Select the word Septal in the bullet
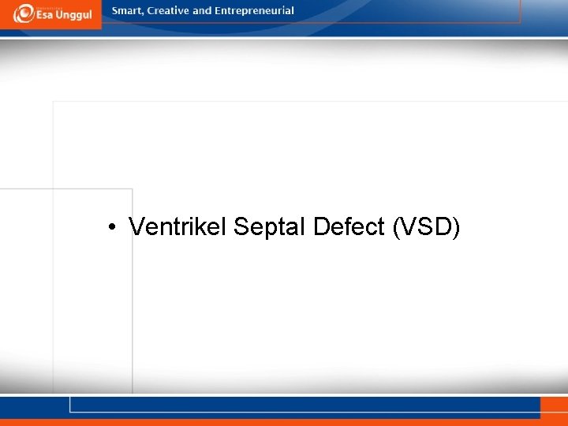tap(270, 227)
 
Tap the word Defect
tap(347, 227)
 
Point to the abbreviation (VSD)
tap(424, 227)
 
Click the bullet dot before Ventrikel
tap(114, 228)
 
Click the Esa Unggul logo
tap(50, 13)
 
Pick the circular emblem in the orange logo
tap(23, 13)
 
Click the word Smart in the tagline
tap(126, 11)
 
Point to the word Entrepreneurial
tap(254, 11)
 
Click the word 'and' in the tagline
tap(202, 11)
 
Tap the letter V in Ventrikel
tap(136, 227)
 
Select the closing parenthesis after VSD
tap(456, 227)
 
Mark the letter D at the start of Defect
tap(320, 227)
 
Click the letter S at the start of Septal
tap(241, 227)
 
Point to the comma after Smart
tap(143, 14)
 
